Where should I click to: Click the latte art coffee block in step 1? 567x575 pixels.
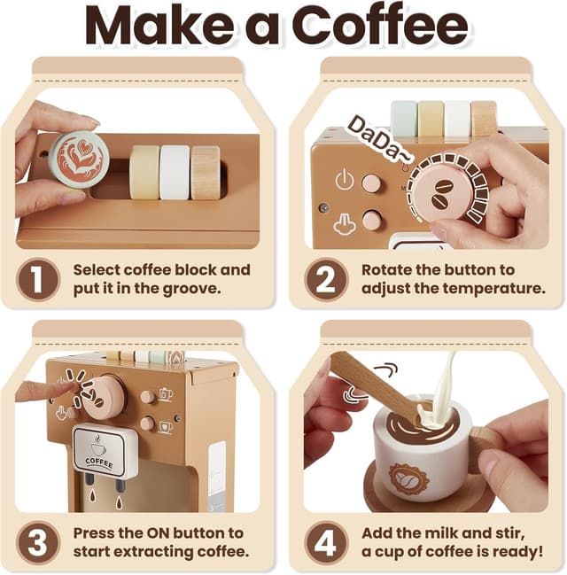(x=79, y=159)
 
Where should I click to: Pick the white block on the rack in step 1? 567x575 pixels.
(x=175, y=172)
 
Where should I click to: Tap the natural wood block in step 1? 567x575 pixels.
(x=206, y=172)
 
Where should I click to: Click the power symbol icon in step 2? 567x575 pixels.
(x=345, y=181)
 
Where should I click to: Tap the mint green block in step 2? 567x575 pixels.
(x=404, y=118)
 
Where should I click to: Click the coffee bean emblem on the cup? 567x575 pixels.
(x=409, y=479)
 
